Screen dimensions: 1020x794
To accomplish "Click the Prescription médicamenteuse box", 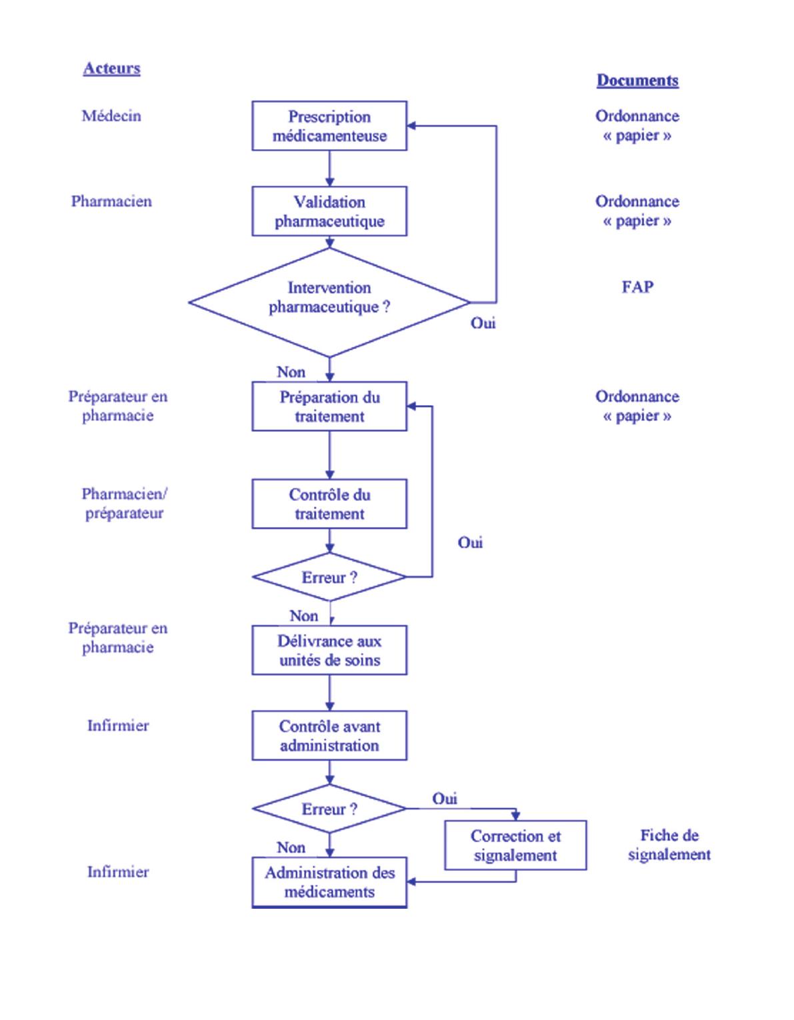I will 329,126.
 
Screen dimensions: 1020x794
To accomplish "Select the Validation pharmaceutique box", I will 329,211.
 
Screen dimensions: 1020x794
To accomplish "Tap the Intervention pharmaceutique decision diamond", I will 329,302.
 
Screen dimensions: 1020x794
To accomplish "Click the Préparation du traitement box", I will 329,406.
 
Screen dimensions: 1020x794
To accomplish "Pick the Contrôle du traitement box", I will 329,504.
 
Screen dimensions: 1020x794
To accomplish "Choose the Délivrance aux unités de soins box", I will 329,650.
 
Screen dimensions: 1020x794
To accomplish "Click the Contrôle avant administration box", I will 329,736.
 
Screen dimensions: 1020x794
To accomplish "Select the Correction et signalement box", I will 515,845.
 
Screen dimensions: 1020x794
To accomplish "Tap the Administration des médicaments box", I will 329,882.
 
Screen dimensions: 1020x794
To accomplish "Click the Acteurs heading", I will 111,68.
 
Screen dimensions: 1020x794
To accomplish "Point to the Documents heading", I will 637,80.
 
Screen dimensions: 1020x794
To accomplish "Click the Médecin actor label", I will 111,116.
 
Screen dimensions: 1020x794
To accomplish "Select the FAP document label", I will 637,286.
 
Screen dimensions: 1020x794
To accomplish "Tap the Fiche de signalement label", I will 669,845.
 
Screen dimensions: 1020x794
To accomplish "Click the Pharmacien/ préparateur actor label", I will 124,503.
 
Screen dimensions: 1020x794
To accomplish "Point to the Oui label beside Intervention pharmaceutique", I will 483,323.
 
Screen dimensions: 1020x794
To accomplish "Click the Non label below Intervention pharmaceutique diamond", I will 291,372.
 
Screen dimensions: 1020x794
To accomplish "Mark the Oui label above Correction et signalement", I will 445,798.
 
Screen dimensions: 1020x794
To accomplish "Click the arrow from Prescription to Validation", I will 329,168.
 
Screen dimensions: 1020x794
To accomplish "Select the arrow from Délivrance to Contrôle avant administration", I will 329,693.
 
